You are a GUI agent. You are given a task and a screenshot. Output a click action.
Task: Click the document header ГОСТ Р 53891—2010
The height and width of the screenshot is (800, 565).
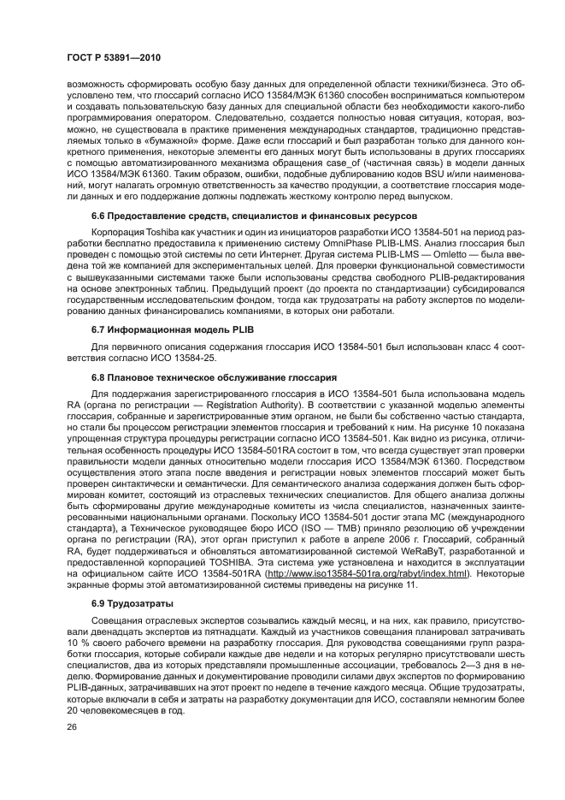(x=115, y=58)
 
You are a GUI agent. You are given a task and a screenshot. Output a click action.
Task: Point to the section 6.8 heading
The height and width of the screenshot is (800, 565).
(x=214, y=377)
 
